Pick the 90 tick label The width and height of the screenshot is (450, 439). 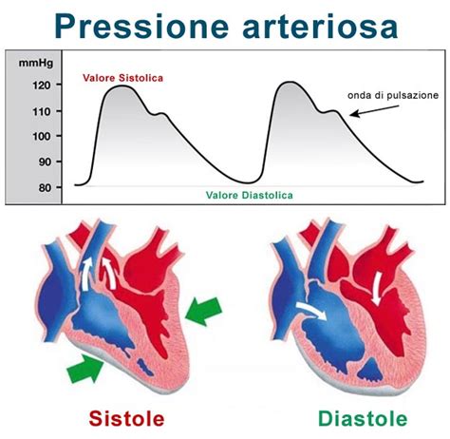[44, 161]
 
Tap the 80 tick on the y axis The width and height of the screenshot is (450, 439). [44, 186]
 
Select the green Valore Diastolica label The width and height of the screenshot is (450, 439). [249, 195]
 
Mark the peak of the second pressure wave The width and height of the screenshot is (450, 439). [290, 83]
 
